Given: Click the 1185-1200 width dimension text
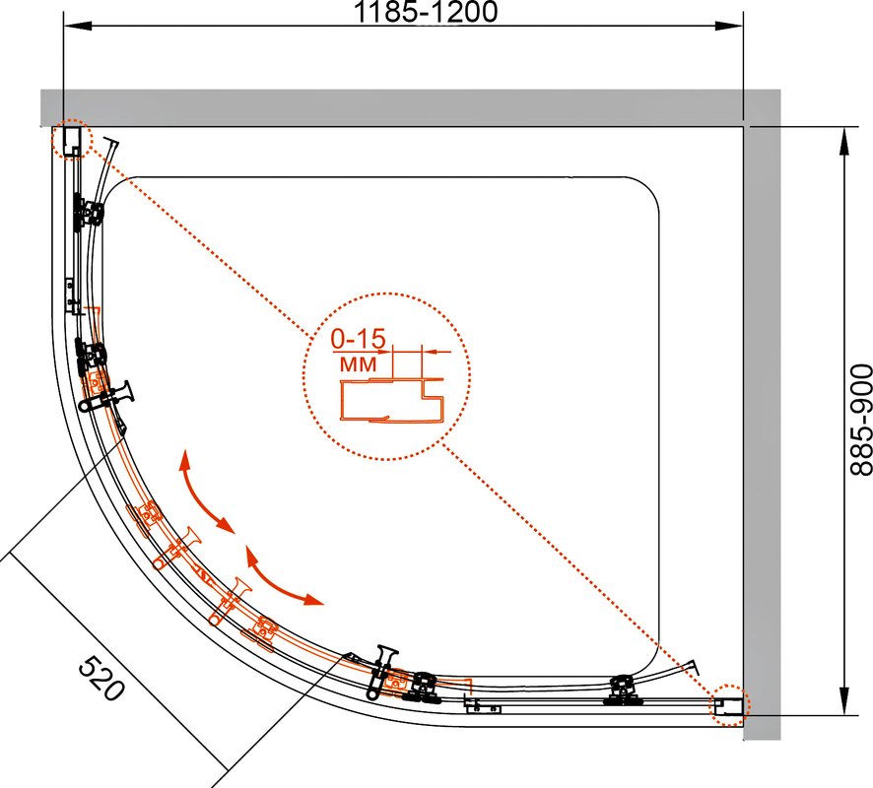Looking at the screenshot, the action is pos(426,12).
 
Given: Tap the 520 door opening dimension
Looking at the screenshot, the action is pos(101,678).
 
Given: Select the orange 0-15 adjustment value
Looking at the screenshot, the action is pos(358,339).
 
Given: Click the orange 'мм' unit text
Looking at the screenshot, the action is pos(358,363).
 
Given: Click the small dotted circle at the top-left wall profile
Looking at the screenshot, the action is pos(70,139).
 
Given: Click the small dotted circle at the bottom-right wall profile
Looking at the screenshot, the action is pos(729,705).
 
